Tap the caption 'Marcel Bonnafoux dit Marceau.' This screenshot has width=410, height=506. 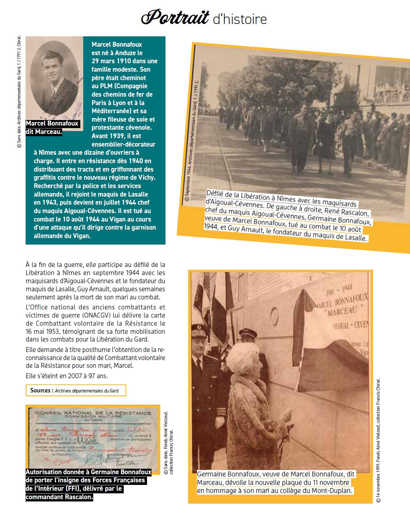[x=52, y=127]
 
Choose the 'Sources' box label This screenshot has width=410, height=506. [x=42, y=390]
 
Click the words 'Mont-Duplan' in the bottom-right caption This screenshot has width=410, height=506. [x=336, y=490]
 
